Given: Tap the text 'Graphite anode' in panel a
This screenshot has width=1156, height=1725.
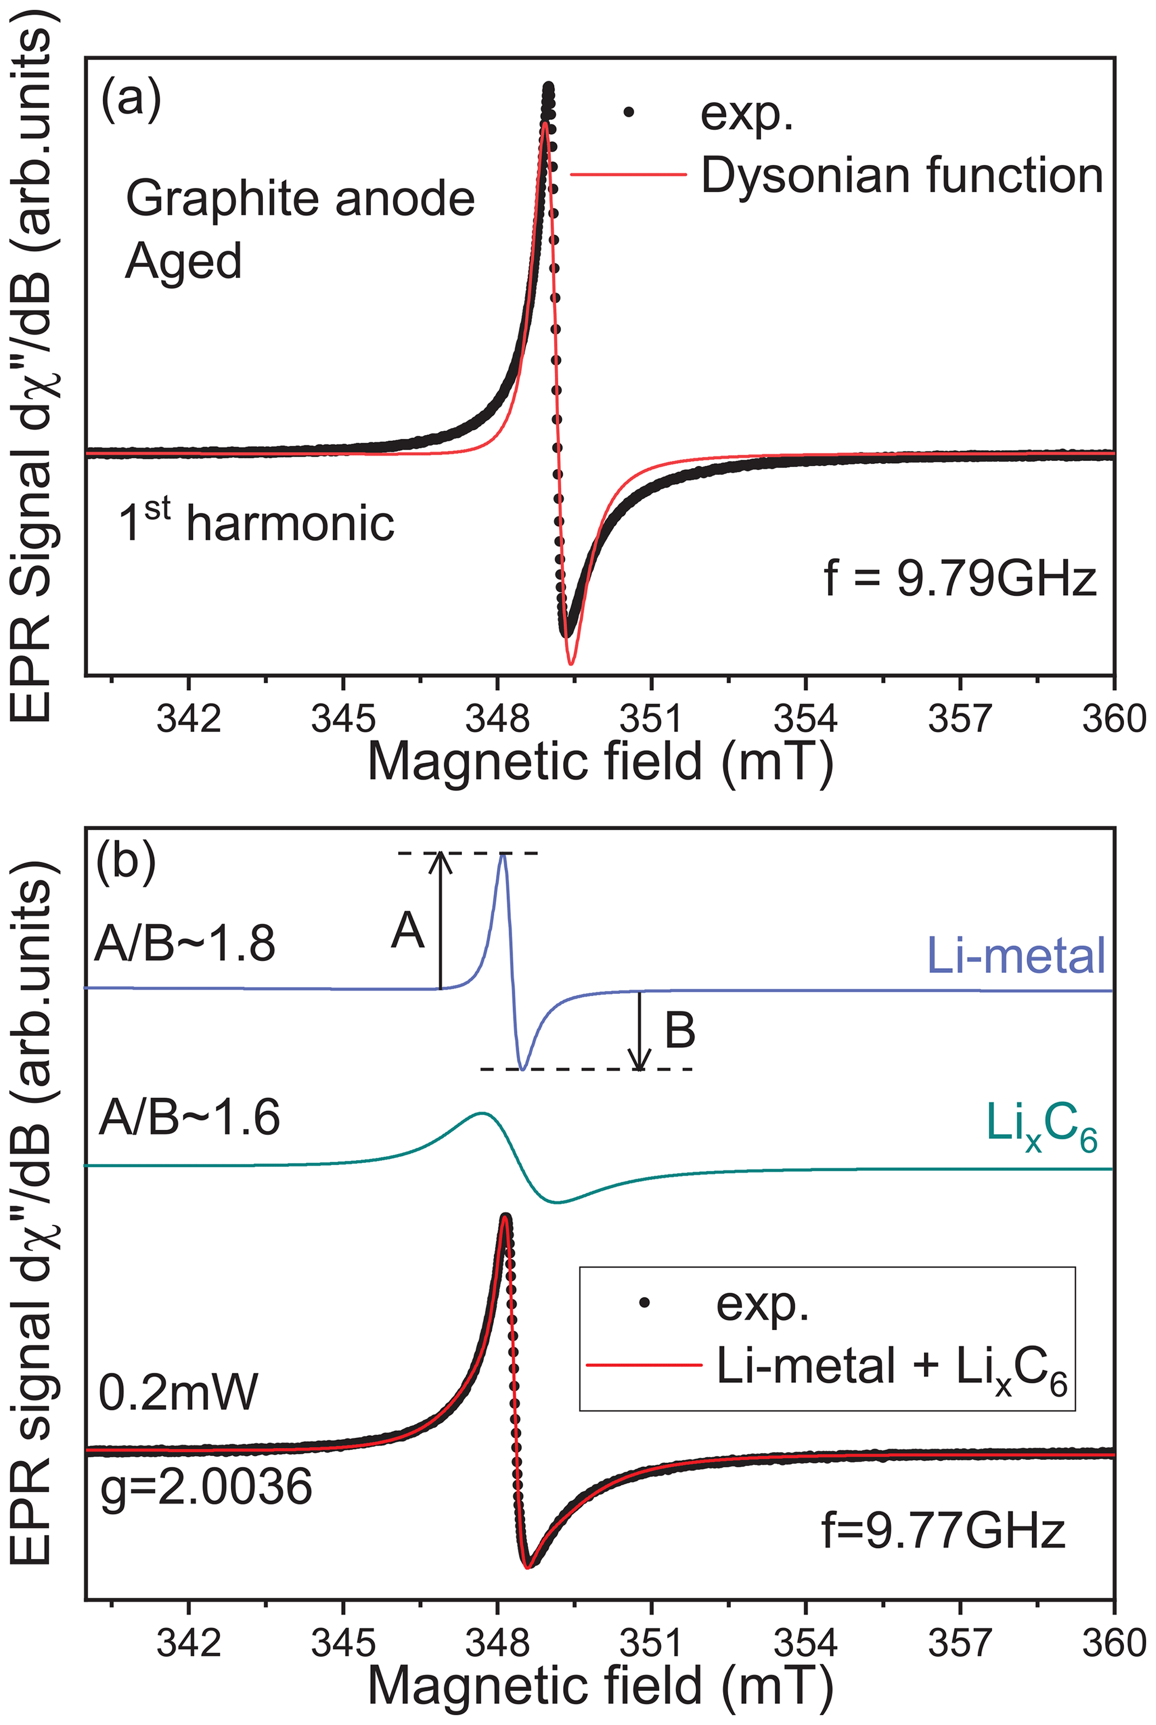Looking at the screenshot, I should click(x=300, y=199).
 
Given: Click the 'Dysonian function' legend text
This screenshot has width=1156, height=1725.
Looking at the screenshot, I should click(x=901, y=176).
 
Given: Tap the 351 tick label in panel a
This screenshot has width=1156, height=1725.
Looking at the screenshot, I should click(x=651, y=718).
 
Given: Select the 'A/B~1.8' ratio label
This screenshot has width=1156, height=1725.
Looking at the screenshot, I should click(x=185, y=943).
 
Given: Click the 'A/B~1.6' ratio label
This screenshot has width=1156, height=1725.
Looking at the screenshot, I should click(x=190, y=1118).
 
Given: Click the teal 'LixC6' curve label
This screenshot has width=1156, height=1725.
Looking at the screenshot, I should click(x=1041, y=1127).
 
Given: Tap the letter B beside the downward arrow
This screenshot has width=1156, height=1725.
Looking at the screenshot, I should click(x=680, y=1030).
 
